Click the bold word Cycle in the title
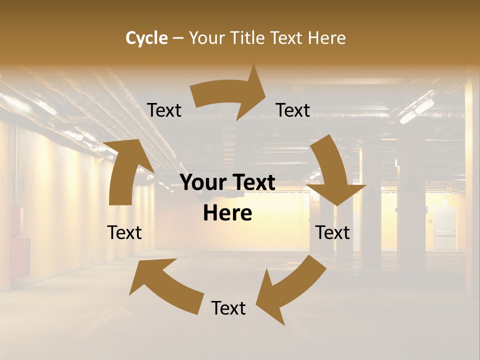point(146,38)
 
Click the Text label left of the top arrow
point(164,110)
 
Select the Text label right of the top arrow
point(293,110)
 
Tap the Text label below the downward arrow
point(332,232)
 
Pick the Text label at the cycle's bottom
point(228,308)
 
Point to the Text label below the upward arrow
point(124,232)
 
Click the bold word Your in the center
point(203,182)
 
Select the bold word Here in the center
point(227,213)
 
